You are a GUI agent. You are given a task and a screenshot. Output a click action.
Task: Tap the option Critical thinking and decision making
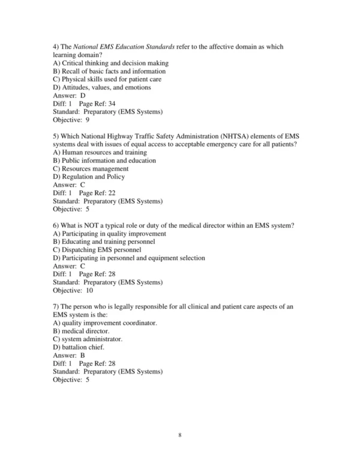[110, 63]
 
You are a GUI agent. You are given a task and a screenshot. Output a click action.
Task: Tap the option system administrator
[88, 339]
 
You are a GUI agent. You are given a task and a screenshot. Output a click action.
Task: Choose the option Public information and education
[104, 160]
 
